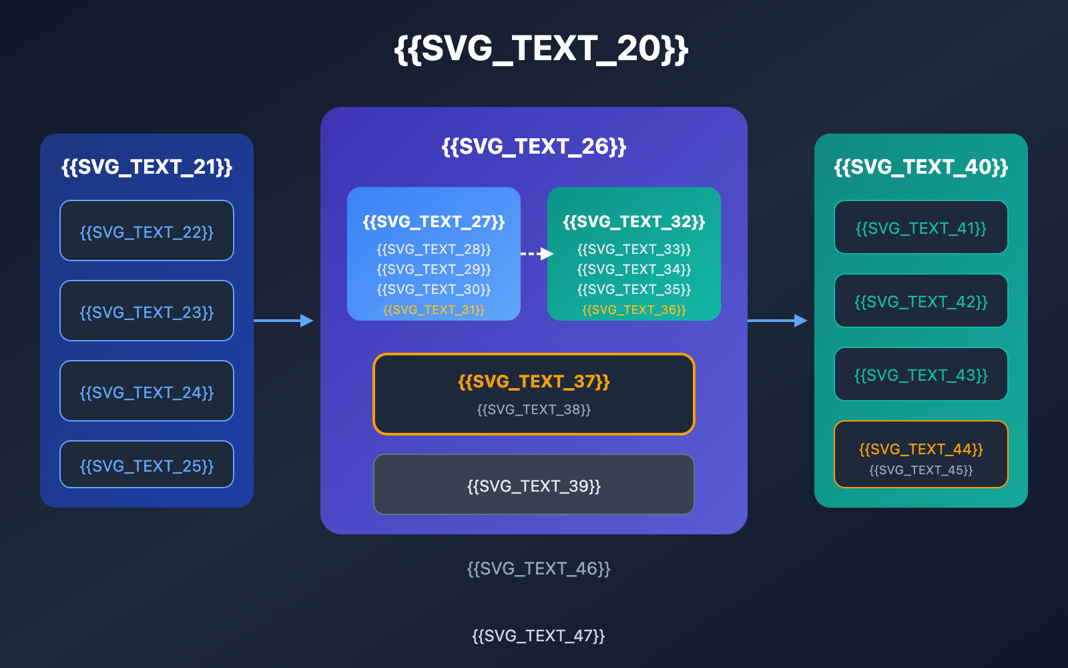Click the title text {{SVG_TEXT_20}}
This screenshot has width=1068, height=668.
click(541, 49)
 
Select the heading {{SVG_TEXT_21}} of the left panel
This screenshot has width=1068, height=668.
click(147, 167)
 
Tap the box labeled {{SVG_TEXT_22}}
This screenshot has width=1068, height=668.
click(147, 230)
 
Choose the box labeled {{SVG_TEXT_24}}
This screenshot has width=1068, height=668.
click(147, 391)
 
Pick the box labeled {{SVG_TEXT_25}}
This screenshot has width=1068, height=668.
click(147, 464)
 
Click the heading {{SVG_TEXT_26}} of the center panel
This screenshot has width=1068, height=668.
click(534, 147)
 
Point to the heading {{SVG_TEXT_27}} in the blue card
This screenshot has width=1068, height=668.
click(434, 222)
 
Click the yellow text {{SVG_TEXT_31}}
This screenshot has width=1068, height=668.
click(434, 310)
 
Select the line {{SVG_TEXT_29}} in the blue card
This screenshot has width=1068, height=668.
click(434, 269)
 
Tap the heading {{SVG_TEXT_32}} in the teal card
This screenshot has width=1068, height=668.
click(634, 222)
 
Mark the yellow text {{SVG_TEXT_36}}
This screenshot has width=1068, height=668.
click(634, 310)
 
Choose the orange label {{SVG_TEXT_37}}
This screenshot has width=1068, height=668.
click(534, 381)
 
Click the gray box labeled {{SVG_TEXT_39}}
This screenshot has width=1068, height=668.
click(534, 484)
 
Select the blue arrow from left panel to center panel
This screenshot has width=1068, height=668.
click(284, 321)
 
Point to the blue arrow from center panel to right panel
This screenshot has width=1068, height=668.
click(778, 321)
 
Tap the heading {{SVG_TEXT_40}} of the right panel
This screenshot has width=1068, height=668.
click(921, 167)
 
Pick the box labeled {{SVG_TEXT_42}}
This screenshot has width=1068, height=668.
click(921, 301)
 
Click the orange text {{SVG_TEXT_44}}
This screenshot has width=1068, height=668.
click(921, 449)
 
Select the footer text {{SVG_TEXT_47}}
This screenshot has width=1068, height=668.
click(539, 636)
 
